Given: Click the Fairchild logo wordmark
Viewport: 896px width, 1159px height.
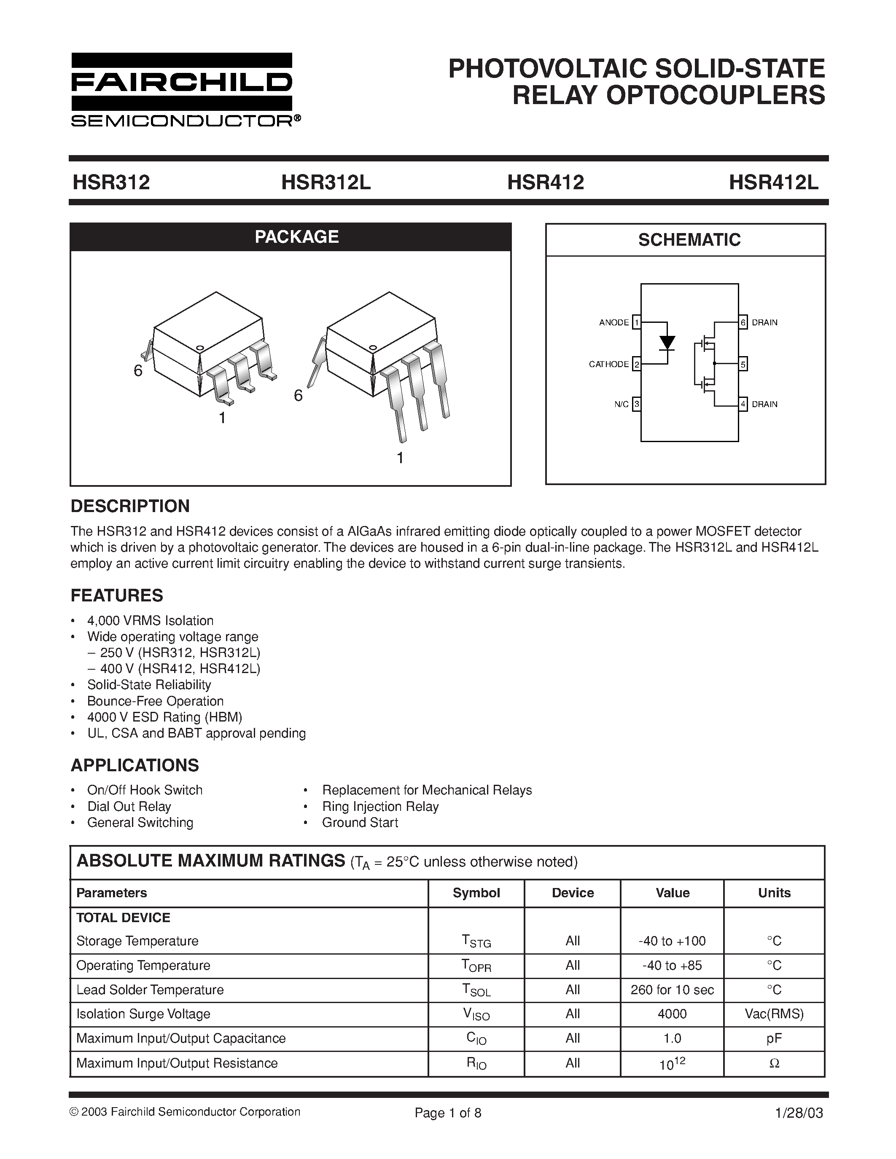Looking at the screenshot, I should [182, 82].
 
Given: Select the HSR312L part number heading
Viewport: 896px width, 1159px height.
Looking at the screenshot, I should [326, 182].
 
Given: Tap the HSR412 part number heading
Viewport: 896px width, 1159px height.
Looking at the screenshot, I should [545, 182].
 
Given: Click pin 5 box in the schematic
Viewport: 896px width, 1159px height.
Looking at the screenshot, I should [743, 364].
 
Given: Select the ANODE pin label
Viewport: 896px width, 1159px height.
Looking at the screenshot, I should [613, 323].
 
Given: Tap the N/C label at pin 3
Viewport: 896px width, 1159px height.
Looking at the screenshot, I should [621, 404].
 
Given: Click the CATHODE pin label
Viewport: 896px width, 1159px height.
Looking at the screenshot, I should [608, 364].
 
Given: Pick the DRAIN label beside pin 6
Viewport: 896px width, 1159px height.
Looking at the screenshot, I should [764, 323].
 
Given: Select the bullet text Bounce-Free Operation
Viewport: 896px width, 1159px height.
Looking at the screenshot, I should [155, 700].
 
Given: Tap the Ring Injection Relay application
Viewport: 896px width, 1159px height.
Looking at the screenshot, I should [380, 806].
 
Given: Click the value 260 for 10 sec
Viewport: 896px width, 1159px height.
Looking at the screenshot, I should [672, 990].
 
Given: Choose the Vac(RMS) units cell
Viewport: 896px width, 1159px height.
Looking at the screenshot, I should [774, 1014].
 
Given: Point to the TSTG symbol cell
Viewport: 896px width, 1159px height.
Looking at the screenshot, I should [476, 942].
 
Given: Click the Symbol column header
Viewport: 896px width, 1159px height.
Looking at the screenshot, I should [476, 893].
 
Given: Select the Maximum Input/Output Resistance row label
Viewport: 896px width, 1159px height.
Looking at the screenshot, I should [177, 1063].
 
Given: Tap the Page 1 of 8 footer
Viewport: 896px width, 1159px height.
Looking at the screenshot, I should [447, 1113].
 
